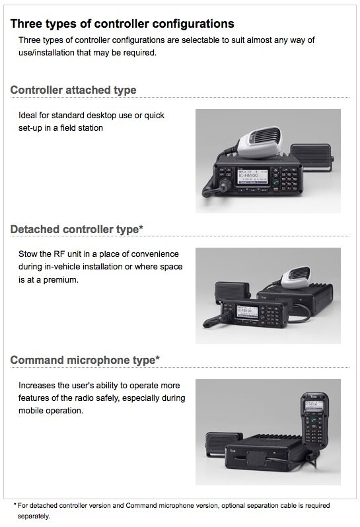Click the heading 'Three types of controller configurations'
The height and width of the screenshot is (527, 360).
click(122, 24)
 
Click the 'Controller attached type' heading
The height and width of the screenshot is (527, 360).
click(73, 90)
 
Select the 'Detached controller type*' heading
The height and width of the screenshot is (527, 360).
click(77, 229)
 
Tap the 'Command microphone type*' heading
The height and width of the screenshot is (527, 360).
click(85, 360)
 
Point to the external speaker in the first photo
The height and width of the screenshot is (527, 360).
click(311, 157)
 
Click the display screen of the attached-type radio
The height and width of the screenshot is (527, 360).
click(252, 176)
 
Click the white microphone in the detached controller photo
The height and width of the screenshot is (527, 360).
click(295, 277)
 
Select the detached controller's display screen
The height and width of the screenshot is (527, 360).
click(248, 312)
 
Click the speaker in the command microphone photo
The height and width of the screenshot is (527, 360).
click(223, 444)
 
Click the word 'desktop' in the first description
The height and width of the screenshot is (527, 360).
click(102, 116)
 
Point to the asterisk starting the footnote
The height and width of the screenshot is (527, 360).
click(15, 504)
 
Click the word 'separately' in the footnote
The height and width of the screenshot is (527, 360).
click(33, 516)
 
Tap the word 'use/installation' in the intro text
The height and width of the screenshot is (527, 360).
click(46, 53)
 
